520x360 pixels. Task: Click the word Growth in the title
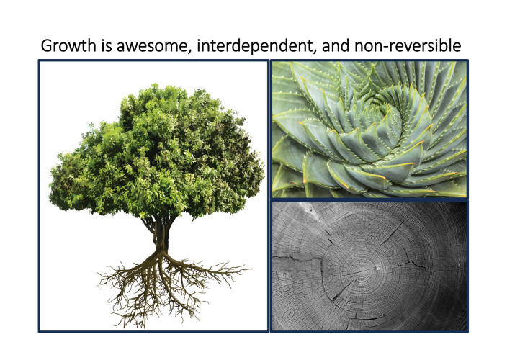click(68, 46)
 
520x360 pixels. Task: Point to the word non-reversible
click(408, 46)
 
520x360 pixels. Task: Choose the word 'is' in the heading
click(107, 46)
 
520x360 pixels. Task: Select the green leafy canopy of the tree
click(156, 153)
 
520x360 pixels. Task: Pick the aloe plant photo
click(369, 130)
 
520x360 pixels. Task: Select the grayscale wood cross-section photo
click(369, 266)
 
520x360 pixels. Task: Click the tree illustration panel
click(153, 196)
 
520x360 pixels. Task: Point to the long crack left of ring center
click(298, 259)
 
